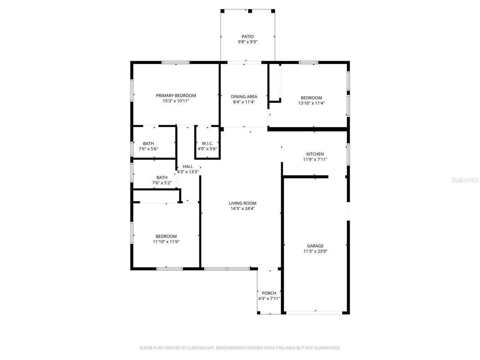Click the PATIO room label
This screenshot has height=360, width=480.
pos(247,37)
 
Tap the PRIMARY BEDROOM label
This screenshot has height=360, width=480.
pos(176,96)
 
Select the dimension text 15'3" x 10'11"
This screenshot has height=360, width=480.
pos(176,101)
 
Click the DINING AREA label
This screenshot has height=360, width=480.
pos(244,97)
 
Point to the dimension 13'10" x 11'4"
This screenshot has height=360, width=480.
pos(311,103)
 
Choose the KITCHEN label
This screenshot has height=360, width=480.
pos(315,154)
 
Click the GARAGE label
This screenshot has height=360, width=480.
pos(315,246)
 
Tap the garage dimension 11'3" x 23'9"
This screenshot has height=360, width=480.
pos(315,251)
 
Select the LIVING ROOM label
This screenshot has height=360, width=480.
pos(243,203)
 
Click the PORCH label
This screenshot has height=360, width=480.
pos(269,293)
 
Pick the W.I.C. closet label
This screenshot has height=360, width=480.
pos(207,144)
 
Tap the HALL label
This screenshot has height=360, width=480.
pos(188,166)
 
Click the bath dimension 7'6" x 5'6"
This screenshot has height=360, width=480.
pos(148,149)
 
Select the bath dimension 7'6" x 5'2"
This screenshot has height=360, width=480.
pos(162,183)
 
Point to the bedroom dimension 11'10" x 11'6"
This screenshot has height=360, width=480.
pos(166,242)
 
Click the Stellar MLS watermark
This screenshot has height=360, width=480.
pos(465,180)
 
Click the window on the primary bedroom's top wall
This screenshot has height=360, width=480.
pos(175,63)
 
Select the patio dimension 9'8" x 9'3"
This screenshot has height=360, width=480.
pos(247,42)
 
